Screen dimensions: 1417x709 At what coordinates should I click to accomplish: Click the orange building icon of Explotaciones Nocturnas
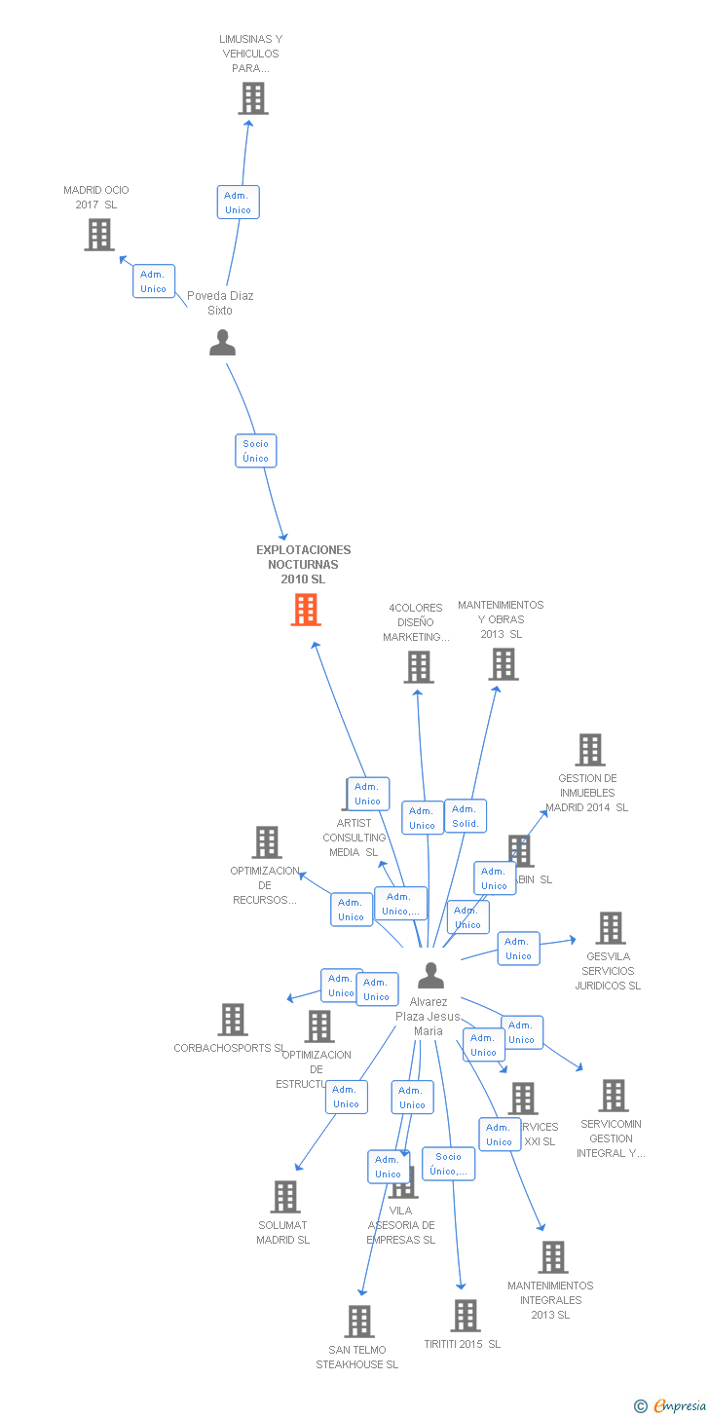coord(306,610)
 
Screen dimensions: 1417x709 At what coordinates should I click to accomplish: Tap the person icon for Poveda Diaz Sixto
coord(223,343)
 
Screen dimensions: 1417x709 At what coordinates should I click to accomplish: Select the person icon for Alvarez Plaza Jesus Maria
coord(430,975)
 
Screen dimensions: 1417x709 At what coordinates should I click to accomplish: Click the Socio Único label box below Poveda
coord(256,451)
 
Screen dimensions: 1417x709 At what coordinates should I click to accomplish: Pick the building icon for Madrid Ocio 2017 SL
coord(98,235)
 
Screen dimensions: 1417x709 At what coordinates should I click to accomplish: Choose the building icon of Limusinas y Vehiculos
coord(253,98)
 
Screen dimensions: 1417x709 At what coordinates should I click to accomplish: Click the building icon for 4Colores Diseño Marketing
coord(419,667)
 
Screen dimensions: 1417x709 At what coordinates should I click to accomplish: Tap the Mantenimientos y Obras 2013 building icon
coord(503,664)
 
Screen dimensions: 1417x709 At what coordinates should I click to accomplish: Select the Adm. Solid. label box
coord(466,816)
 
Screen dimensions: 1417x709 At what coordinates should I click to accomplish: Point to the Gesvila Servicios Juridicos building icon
coord(611,928)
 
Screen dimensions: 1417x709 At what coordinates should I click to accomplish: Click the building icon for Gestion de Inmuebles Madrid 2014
coord(590,750)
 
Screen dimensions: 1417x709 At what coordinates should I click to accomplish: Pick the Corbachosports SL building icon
coord(233,1020)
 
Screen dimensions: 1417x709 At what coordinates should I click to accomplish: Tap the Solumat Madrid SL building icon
coord(285,1197)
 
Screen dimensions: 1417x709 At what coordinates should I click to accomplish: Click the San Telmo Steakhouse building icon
coord(359,1322)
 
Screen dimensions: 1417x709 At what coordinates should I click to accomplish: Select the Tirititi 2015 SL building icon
coord(466,1316)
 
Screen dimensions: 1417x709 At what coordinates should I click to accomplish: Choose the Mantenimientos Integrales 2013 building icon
coord(553,1257)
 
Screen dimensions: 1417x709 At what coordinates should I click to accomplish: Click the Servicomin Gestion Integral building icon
coord(613,1096)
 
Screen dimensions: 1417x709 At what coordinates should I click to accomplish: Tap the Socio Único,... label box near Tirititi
coord(449,1164)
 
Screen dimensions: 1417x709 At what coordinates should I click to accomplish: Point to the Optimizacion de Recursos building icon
coord(266,842)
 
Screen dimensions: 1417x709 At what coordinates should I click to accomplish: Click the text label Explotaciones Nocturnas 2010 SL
coord(303,565)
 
